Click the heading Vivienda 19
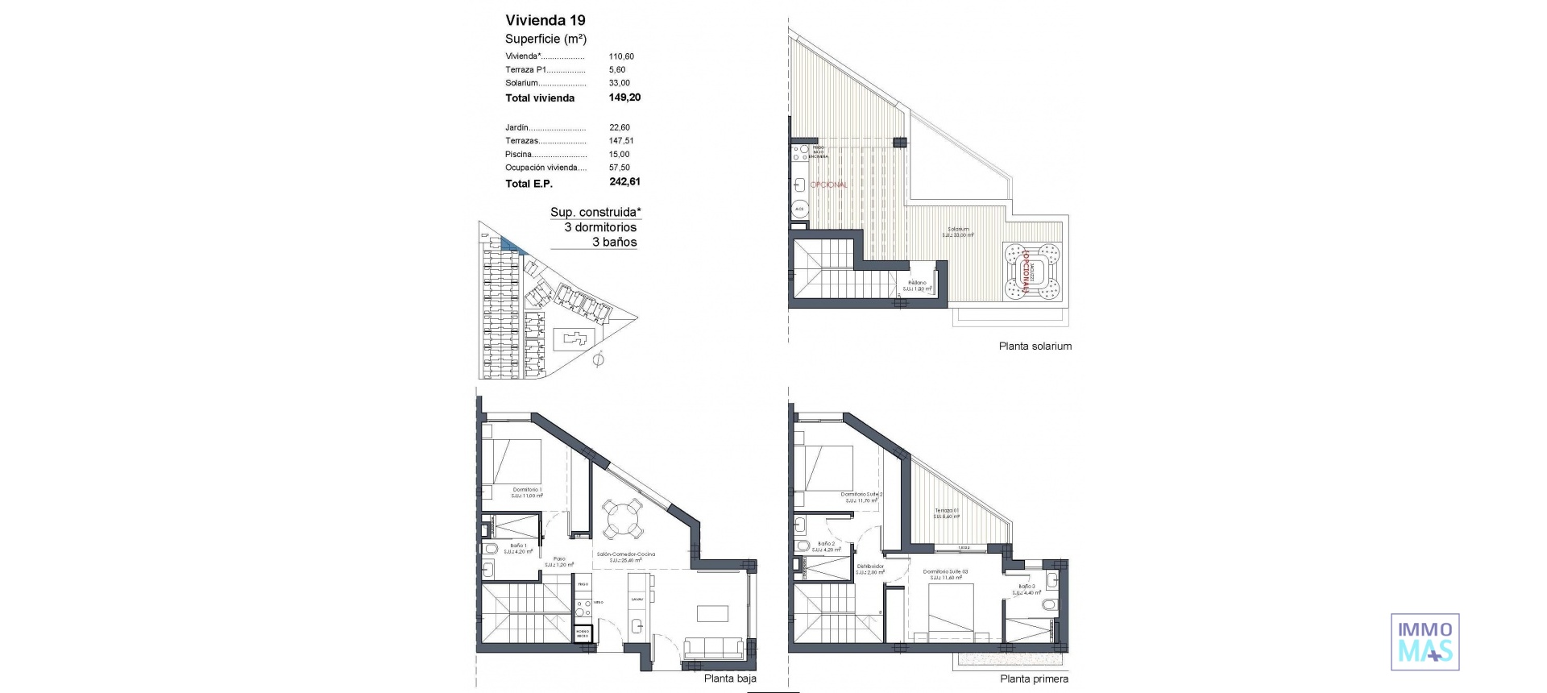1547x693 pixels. [x=545, y=20]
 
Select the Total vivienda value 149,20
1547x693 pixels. [x=624, y=98]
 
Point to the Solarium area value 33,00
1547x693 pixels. [x=619, y=83]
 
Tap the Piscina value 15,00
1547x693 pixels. [x=619, y=154]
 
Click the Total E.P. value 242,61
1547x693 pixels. [x=624, y=182]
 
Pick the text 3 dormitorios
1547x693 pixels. [x=600, y=227]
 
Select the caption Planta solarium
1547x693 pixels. [x=1035, y=346]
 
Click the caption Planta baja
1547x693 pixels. [x=730, y=678]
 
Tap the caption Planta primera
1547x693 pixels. [x=1034, y=679]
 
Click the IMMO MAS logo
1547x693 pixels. [x=1425, y=641]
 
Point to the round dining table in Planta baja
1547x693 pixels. [x=624, y=519]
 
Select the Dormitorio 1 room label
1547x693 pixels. [x=526, y=490]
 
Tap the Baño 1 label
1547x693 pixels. [x=518, y=546]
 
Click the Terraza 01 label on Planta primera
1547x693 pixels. [x=946, y=511]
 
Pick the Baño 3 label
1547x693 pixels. [x=1026, y=587]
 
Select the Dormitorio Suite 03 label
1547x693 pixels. [x=945, y=572]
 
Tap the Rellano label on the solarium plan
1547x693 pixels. [x=917, y=283]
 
